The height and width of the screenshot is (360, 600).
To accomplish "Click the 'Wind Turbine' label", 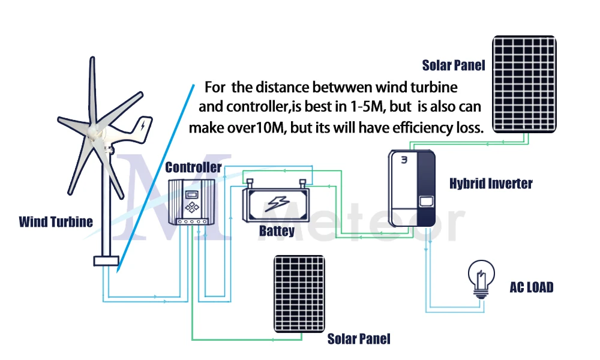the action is click(x=56, y=222).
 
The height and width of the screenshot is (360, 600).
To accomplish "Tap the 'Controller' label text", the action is click(x=193, y=167).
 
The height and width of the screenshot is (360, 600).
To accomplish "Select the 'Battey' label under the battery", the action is click(x=277, y=230).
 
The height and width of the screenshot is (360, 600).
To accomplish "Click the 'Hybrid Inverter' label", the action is click(x=491, y=184).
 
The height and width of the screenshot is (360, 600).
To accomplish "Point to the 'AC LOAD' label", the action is click(x=532, y=287).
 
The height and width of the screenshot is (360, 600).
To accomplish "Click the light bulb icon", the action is click(x=481, y=280).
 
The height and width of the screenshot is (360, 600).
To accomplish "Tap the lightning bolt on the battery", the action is click(x=277, y=203).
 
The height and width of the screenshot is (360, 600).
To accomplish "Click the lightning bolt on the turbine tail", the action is click(x=143, y=125).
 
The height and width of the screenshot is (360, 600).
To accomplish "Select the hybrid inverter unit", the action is click(x=412, y=188).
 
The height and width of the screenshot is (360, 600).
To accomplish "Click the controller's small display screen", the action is click(x=192, y=195).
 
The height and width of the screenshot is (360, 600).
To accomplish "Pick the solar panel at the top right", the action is click(x=524, y=85).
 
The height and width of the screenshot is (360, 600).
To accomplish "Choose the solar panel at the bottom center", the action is click(x=299, y=294).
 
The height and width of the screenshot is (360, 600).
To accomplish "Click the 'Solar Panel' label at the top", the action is click(x=454, y=65).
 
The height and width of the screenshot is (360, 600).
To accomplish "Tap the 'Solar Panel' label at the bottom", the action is click(x=359, y=339).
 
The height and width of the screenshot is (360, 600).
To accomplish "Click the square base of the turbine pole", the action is click(x=106, y=261).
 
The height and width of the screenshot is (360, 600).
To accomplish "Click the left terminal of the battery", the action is click(x=250, y=183).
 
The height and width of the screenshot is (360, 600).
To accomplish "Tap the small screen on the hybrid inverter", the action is click(x=426, y=201).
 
